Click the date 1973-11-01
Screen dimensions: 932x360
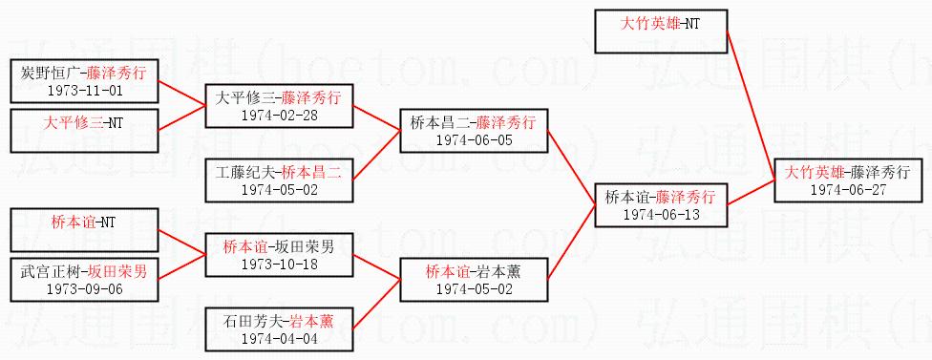point(84,91)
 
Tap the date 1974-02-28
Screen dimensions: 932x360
point(280,116)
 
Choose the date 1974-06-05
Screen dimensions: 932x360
point(474,140)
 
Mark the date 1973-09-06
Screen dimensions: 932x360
point(84,289)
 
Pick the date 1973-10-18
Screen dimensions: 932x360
point(280,264)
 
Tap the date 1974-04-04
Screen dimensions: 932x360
point(280,339)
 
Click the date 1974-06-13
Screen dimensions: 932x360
point(662,215)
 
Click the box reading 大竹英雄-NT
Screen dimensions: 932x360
point(662,32)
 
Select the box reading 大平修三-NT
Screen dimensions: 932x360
point(84,131)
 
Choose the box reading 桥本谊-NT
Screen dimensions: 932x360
point(84,230)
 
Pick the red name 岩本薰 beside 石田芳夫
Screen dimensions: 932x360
point(312,322)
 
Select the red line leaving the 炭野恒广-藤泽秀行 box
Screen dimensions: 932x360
point(181,95)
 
